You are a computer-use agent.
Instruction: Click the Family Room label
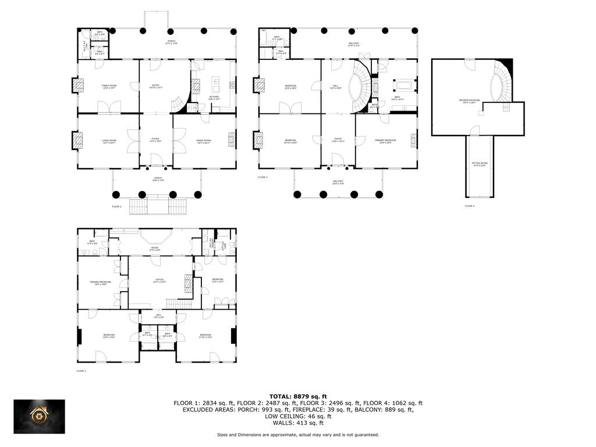109,86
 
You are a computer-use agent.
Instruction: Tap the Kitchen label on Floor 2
214,98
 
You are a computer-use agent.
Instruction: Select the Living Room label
109,141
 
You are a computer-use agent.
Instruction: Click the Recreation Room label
469,101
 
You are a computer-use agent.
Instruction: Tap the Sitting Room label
480,164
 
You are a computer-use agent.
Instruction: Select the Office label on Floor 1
159,280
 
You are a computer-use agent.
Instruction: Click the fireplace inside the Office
188,283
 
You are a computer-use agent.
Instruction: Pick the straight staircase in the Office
179,303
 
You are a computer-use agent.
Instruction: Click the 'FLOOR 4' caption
470,206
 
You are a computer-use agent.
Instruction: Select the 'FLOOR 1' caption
81,371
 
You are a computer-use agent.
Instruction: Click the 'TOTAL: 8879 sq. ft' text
297,396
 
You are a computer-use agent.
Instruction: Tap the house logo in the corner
40,417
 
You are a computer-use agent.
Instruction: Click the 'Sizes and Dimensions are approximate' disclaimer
297,434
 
